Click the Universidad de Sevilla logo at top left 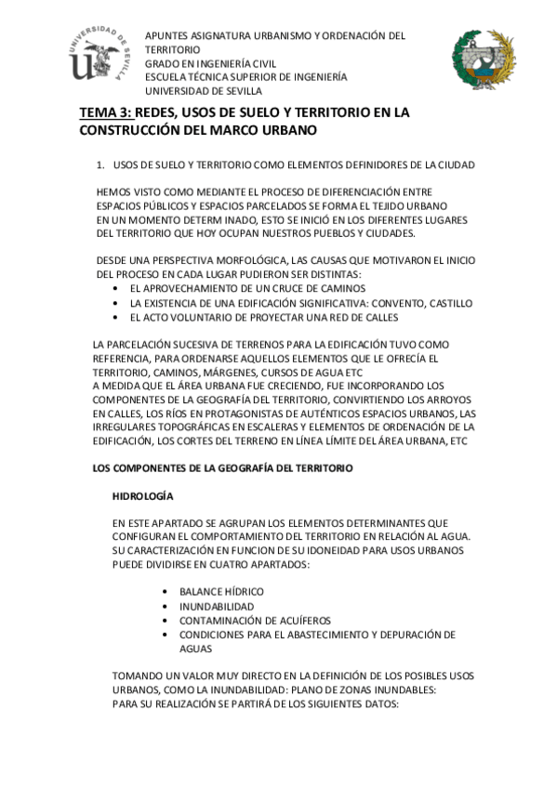point(99,54)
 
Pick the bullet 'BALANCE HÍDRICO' point(221,592)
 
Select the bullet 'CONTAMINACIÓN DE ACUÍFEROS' point(255,620)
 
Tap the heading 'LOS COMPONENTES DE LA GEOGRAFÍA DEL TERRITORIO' point(223,468)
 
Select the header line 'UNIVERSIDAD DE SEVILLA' point(203,91)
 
